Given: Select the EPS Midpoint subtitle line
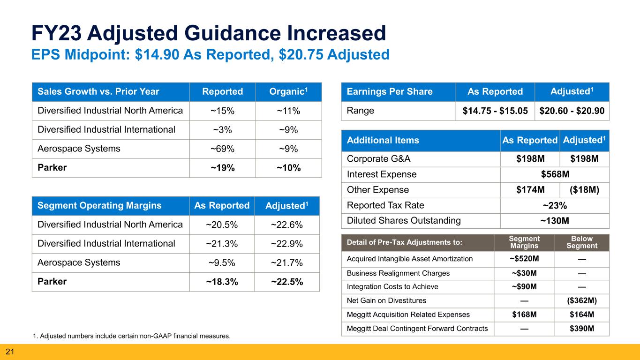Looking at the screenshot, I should pyautogui.click(x=210, y=55).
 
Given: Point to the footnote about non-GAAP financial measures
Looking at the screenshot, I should pyautogui.click(x=132, y=336).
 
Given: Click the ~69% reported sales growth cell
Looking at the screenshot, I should pyautogui.click(x=222, y=149).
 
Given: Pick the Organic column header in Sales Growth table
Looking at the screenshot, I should pyautogui.click(x=288, y=92).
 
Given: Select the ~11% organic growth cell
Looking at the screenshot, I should pyautogui.click(x=288, y=111).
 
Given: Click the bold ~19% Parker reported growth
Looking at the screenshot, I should pyautogui.click(x=222, y=168).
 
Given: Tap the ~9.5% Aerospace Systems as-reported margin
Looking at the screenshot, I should pyautogui.click(x=222, y=263).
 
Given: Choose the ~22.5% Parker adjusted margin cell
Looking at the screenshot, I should pyautogui.click(x=286, y=282).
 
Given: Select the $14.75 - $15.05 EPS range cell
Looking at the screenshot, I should pyautogui.click(x=495, y=111).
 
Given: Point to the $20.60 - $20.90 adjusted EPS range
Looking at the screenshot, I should pyautogui.click(x=572, y=111).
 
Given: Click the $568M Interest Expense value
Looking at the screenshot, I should pyautogui.click(x=555, y=174).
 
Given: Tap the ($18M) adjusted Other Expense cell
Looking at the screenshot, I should pyautogui.click(x=584, y=190).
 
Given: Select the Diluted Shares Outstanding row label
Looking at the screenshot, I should pyautogui.click(x=404, y=221).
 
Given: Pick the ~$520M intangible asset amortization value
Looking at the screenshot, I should pyautogui.click(x=524, y=259).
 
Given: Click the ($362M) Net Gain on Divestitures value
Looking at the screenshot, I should pyautogui.click(x=581, y=301).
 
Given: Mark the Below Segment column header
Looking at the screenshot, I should pyautogui.click(x=581, y=242).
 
